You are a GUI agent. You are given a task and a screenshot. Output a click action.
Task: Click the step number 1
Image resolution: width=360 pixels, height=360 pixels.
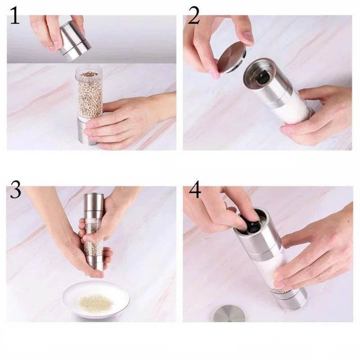15,15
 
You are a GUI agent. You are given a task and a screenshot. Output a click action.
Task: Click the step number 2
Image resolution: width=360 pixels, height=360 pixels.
193,15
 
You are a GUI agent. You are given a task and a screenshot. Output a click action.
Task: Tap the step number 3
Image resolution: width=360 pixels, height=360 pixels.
16,189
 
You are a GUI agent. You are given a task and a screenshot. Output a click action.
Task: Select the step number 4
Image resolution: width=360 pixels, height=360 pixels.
195,189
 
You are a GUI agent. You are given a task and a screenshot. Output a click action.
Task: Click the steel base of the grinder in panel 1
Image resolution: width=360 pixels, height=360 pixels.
86,131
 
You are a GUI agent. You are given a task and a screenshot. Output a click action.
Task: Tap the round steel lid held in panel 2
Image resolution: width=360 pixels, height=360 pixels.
232,58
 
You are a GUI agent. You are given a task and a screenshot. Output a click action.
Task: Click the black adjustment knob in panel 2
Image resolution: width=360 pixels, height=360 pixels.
261,77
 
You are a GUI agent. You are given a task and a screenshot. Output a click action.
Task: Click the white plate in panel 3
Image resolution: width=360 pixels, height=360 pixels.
95,299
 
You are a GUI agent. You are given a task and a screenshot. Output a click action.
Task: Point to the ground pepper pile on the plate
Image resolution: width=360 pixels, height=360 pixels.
96,301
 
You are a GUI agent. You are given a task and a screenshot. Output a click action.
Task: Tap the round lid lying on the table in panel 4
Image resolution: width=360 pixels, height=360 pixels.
229,314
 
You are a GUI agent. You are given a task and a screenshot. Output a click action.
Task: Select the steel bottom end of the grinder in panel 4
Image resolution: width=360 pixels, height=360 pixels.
292,300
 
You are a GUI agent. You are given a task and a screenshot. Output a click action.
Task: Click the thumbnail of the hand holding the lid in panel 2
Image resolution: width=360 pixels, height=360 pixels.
248,37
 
